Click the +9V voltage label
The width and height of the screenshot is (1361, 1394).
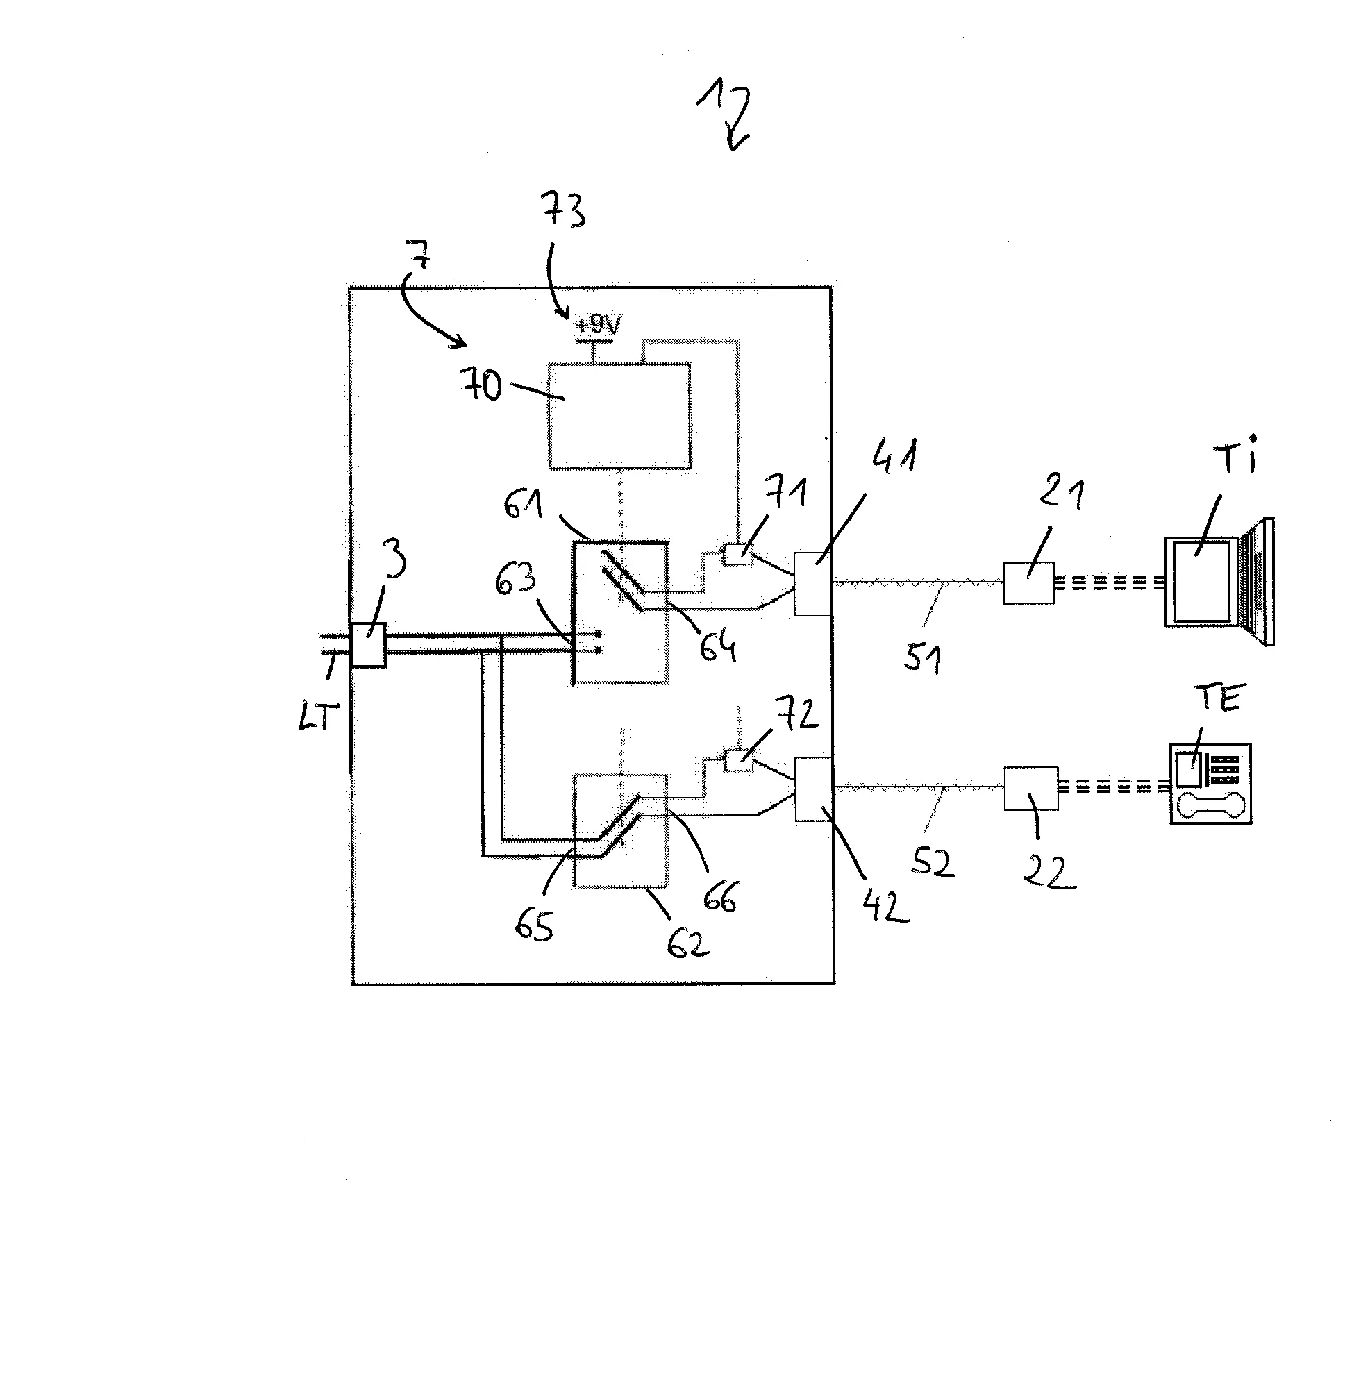[x=599, y=326]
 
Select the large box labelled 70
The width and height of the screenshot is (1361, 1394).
[x=619, y=416]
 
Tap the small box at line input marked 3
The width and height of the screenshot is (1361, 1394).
[x=368, y=644]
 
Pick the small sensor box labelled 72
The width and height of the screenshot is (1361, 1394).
[x=739, y=759]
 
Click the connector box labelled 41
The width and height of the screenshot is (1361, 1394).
[x=812, y=583]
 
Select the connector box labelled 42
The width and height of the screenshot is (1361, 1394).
[x=813, y=788]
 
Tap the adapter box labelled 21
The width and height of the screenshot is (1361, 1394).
[x=1028, y=583]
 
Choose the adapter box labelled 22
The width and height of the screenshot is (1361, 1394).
[x=1030, y=788]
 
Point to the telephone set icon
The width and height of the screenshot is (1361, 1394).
[x=1210, y=784]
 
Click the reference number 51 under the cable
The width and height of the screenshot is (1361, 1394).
[x=922, y=657]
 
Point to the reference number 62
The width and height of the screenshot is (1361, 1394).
[x=687, y=943]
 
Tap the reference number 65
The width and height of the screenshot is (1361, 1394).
[x=534, y=927]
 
